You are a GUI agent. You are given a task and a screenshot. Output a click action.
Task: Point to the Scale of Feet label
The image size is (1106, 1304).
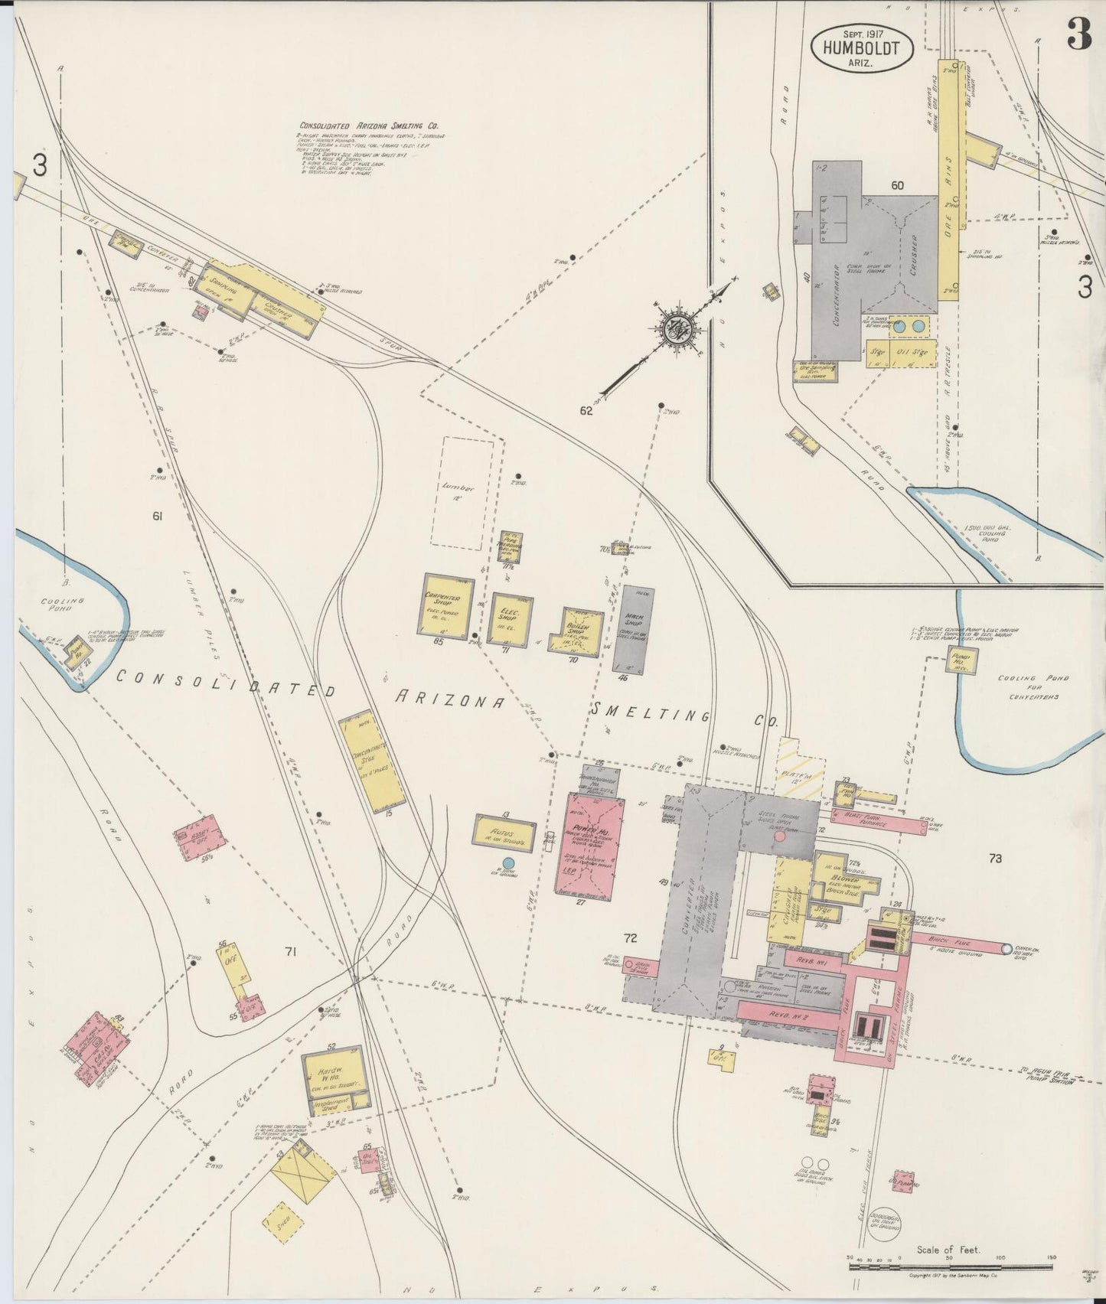point(949,1250)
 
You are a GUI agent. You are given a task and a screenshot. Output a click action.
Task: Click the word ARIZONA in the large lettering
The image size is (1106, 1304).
point(449,700)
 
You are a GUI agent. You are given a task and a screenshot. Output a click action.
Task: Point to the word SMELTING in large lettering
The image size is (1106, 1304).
point(650,715)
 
